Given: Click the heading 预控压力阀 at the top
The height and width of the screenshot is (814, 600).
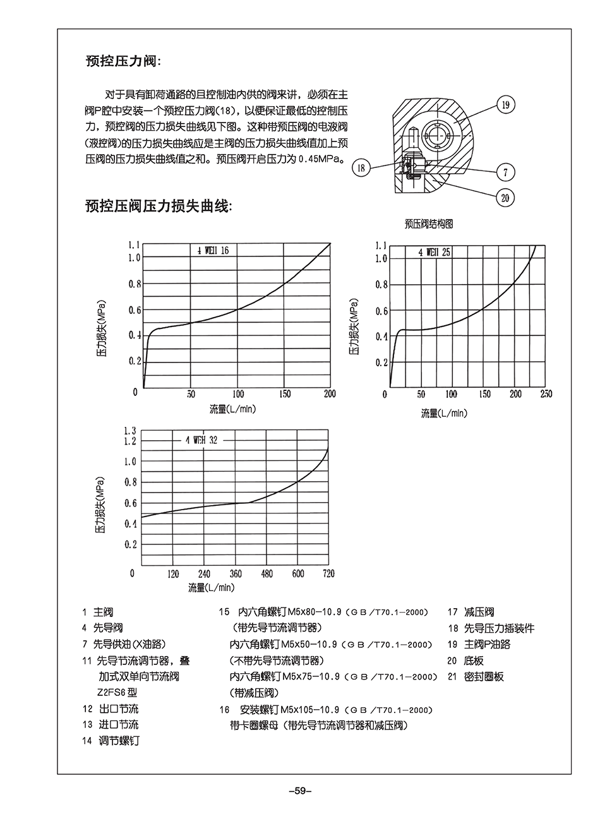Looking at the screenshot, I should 123,62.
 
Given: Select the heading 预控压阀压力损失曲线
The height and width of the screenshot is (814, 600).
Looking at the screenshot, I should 159,206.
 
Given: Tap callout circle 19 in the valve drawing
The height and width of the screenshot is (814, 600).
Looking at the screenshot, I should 505,105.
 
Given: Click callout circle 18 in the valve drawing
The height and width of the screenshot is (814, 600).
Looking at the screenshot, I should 361,168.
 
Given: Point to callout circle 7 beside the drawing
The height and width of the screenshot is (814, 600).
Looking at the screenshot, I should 505,172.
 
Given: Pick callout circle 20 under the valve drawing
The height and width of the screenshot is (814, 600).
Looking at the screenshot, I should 505,198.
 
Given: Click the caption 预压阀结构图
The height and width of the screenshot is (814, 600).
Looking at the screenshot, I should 429,224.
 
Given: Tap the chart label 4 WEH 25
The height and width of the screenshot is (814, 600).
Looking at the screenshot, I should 434,252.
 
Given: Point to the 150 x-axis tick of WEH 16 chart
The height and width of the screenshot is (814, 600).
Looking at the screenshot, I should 284,394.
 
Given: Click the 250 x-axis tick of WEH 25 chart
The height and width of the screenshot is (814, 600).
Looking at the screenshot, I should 546,394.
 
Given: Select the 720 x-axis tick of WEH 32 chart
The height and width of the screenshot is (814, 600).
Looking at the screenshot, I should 328,574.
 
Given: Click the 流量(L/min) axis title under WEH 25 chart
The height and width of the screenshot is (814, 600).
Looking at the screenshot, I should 444,413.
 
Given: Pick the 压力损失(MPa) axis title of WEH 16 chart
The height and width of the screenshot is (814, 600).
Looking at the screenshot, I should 100,331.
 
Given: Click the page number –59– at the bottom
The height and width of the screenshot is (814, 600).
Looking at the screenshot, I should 300,790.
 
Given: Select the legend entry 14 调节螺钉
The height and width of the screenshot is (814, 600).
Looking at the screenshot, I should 111,741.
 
